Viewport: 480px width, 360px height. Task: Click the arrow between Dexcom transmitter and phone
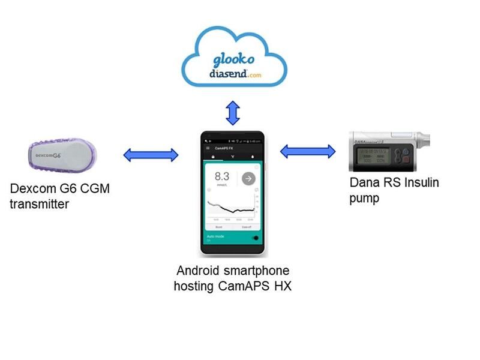point(151,155)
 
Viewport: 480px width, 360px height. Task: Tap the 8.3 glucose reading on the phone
point(222,177)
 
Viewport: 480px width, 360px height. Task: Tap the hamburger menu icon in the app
point(208,147)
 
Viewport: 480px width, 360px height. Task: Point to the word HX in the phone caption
point(280,286)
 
